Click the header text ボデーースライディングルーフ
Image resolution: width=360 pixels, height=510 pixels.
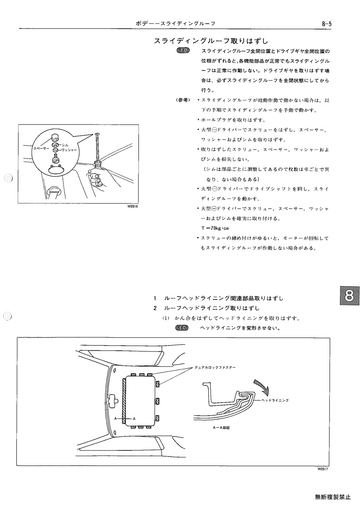[x=175, y=24]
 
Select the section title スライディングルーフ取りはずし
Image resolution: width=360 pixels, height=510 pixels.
[x=211, y=41]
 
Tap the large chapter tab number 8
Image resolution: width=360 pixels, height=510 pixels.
[x=349, y=296]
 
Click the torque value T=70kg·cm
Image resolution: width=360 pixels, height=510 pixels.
[x=215, y=228]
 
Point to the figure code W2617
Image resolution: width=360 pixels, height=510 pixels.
[x=323, y=469]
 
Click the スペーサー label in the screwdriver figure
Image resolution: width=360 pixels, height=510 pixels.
[x=41, y=149]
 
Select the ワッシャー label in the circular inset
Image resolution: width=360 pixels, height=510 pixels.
[x=69, y=150]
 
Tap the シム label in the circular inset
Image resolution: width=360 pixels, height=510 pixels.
[x=65, y=145]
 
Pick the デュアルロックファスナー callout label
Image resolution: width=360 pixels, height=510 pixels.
[x=215, y=367]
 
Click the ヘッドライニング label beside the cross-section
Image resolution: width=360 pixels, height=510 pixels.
[x=275, y=400]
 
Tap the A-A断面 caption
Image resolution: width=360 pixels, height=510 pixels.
[x=221, y=428]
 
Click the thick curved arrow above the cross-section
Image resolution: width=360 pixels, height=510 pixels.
[x=262, y=385]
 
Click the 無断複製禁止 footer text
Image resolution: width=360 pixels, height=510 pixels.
[x=333, y=497]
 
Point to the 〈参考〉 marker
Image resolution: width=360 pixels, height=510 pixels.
[x=183, y=100]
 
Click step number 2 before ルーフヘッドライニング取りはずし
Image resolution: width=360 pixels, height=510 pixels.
[x=155, y=308]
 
